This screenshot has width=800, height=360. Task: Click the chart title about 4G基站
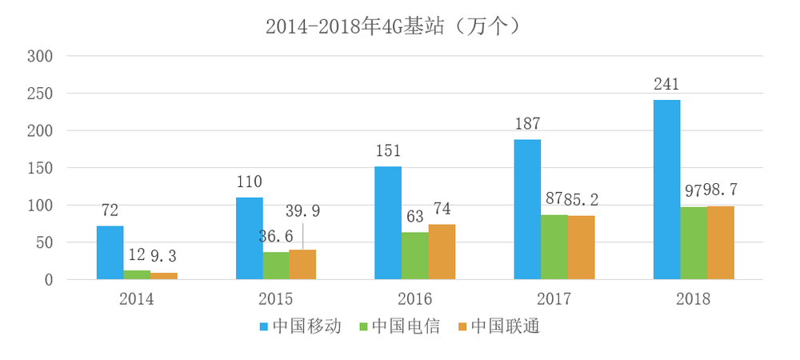[393, 26]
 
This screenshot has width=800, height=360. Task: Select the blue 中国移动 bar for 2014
[110, 253]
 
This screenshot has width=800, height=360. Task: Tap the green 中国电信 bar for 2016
[414, 256]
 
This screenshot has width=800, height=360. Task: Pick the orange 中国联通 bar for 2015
[302, 265]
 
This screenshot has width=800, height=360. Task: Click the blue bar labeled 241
[667, 190]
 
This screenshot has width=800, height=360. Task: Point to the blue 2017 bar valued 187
[527, 210]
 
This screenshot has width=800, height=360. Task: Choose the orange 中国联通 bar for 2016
[442, 252]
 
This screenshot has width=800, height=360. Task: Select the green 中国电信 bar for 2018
[694, 243]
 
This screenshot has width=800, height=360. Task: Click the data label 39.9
[302, 211]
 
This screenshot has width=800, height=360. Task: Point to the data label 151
[388, 151]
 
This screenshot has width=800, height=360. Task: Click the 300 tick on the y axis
[40, 56]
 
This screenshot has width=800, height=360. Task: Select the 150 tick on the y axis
[40, 168]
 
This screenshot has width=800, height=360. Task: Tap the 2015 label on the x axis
[276, 299]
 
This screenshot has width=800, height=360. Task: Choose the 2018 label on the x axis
[693, 299]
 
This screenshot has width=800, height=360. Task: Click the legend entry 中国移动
[300, 326]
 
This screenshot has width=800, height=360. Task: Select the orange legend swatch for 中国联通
[462, 326]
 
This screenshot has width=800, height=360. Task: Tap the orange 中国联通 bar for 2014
[164, 276]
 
